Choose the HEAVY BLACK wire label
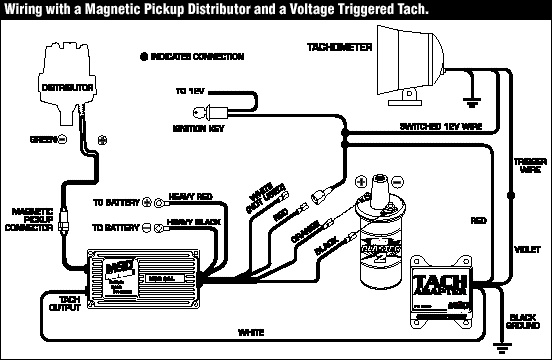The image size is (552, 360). (x=191, y=221)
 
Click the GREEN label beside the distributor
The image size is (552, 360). (x=43, y=137)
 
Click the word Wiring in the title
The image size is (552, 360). (x=24, y=9)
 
